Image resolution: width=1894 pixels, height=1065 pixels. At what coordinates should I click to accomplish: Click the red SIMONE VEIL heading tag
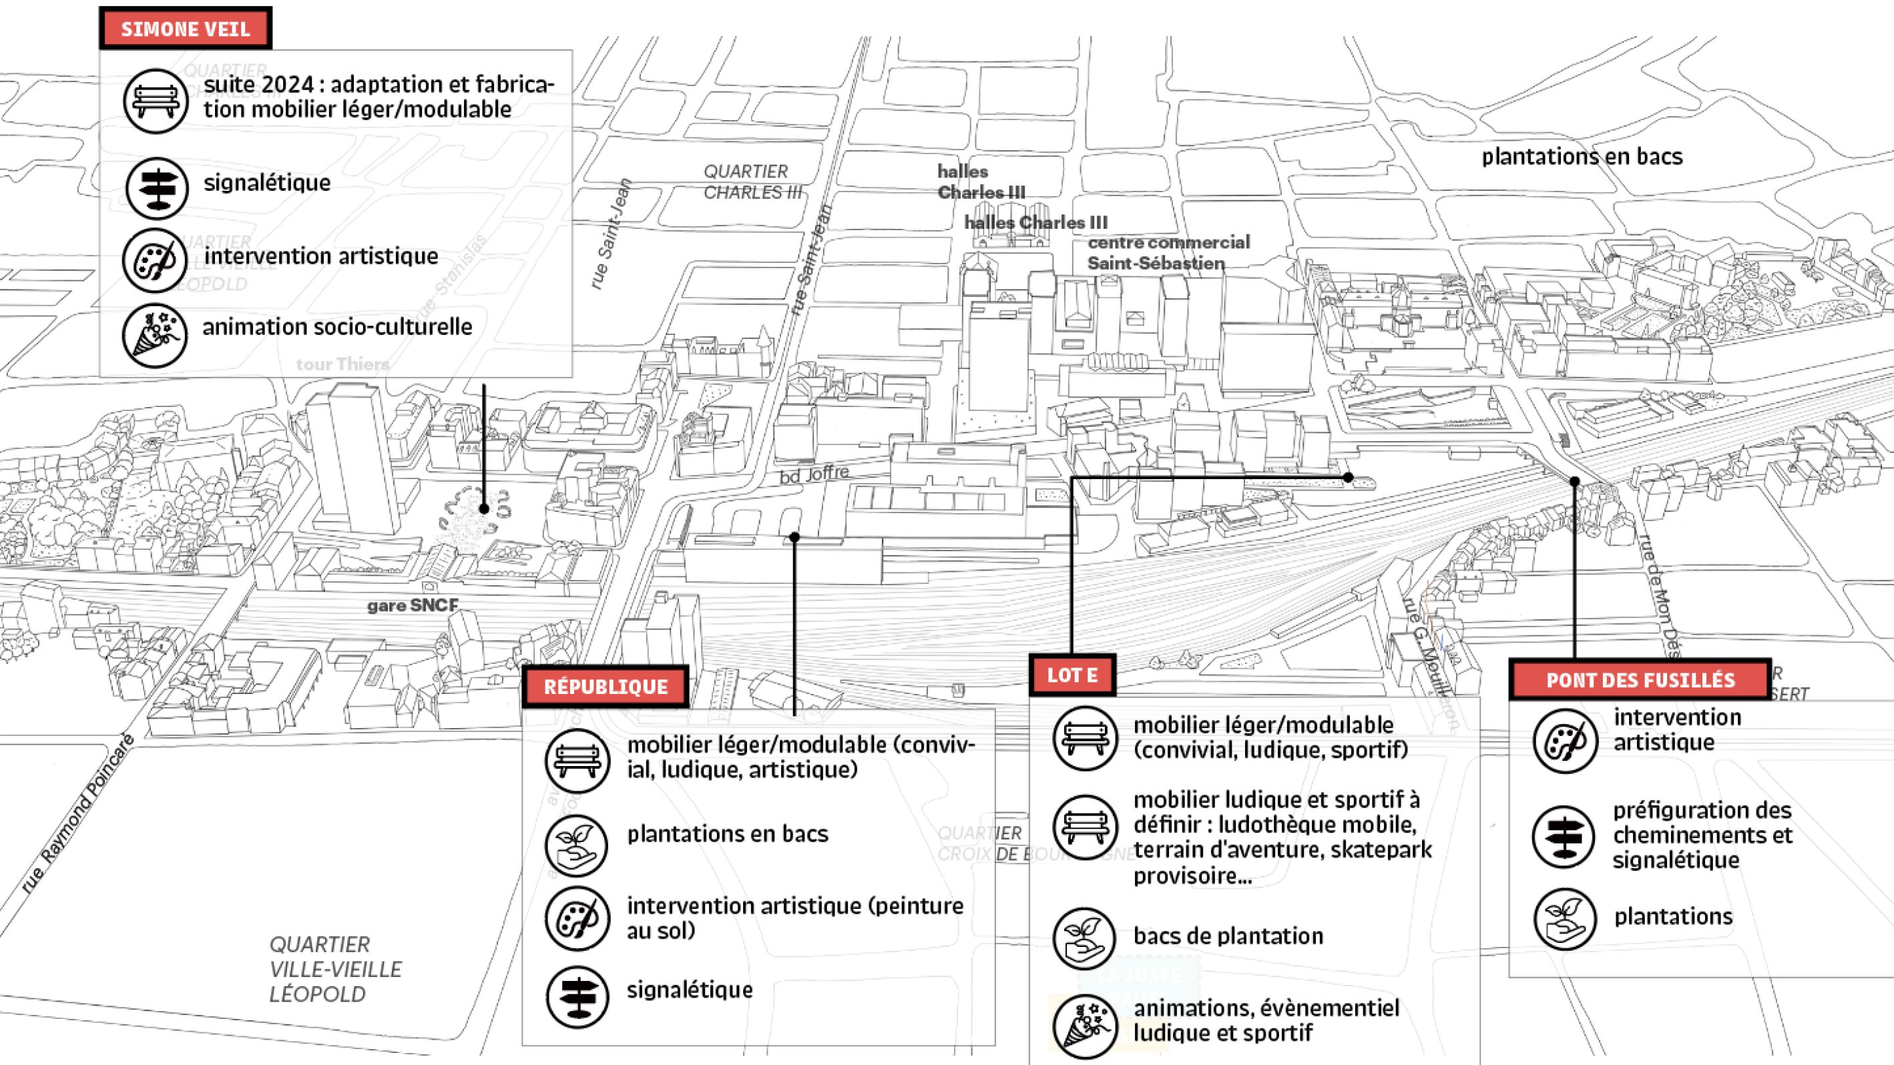tap(186, 29)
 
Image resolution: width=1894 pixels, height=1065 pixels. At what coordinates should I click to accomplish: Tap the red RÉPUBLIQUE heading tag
tap(605, 687)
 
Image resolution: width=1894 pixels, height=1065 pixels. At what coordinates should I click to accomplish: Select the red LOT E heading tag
tap(1072, 675)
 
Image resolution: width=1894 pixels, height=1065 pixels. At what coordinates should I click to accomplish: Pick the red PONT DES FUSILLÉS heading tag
tap(1640, 680)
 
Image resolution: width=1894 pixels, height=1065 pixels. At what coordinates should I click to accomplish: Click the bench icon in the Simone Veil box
tap(155, 101)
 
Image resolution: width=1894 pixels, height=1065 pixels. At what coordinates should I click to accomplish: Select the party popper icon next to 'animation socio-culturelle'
tap(154, 335)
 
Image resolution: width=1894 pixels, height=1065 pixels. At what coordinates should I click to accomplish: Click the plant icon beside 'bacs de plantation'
tap(1084, 939)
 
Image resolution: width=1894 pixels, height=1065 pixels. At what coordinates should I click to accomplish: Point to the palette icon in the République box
tap(577, 919)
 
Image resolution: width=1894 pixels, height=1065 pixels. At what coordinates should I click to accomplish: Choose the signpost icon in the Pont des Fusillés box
tap(1565, 837)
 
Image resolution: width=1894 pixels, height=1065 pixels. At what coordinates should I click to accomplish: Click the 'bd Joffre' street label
tap(814, 474)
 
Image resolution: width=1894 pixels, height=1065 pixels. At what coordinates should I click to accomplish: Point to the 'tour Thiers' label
tap(342, 364)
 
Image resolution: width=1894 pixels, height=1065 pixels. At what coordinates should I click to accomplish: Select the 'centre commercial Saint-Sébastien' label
tap(1168, 252)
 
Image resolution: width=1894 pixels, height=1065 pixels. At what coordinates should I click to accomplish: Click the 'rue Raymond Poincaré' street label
tap(77, 814)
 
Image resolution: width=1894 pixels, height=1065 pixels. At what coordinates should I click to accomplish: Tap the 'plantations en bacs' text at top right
tap(1582, 157)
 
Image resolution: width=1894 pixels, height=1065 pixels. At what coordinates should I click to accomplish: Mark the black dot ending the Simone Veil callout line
tap(484, 508)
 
